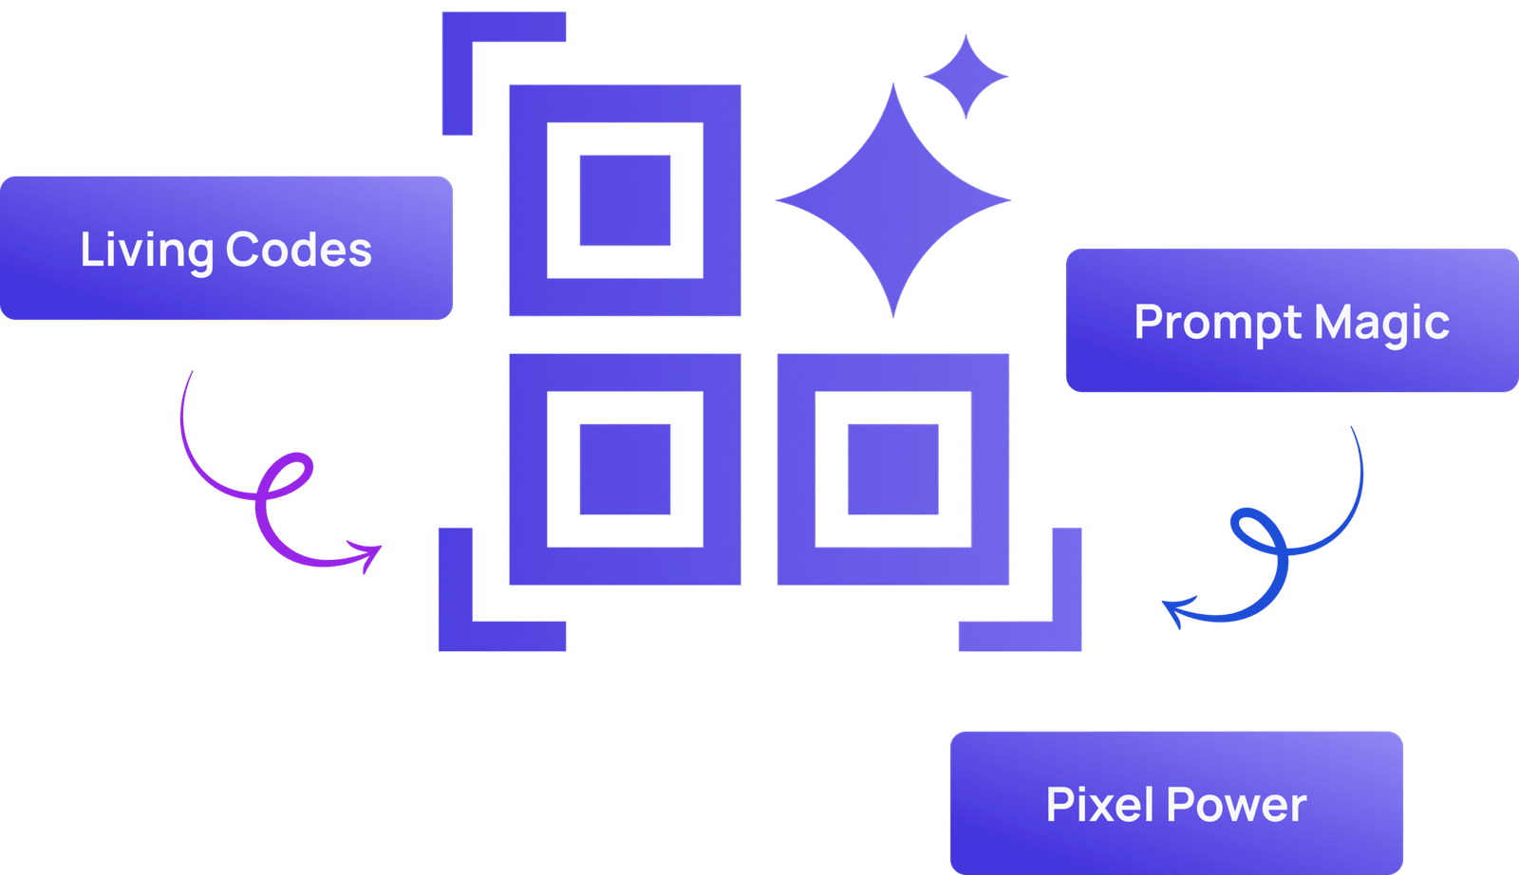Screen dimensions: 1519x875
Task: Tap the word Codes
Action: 298,250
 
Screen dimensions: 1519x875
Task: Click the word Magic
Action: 1382,324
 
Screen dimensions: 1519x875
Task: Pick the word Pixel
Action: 1100,805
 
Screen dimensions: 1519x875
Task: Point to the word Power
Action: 1237,805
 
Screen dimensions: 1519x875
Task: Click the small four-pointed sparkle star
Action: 966,77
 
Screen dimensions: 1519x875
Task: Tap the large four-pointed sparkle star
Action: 893,200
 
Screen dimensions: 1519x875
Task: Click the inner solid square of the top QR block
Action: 626,200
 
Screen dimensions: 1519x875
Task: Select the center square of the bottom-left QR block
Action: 626,469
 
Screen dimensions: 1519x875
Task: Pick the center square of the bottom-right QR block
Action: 893,469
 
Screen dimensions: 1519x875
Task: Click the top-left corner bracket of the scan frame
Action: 458,28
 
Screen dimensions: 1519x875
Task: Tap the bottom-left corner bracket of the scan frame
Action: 456,636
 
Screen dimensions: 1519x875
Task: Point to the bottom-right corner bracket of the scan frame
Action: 1067,636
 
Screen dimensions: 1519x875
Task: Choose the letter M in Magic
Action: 1334,322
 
